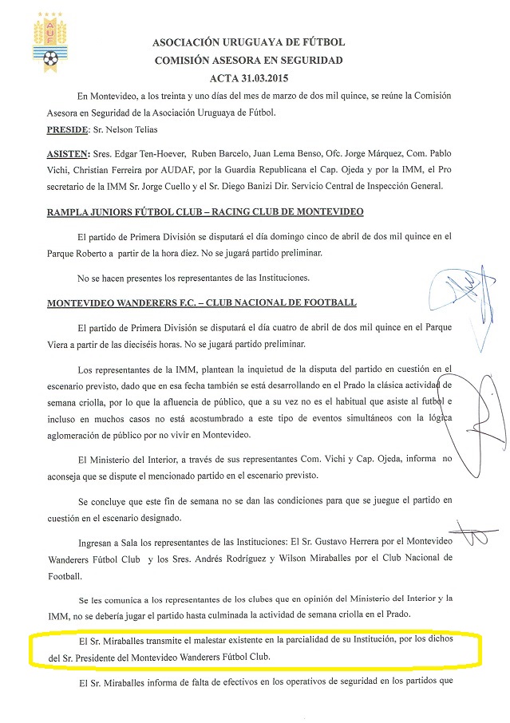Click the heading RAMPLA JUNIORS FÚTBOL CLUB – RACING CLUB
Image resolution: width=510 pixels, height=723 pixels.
[205, 211]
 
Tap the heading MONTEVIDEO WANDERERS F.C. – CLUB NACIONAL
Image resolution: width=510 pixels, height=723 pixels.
[201, 303]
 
